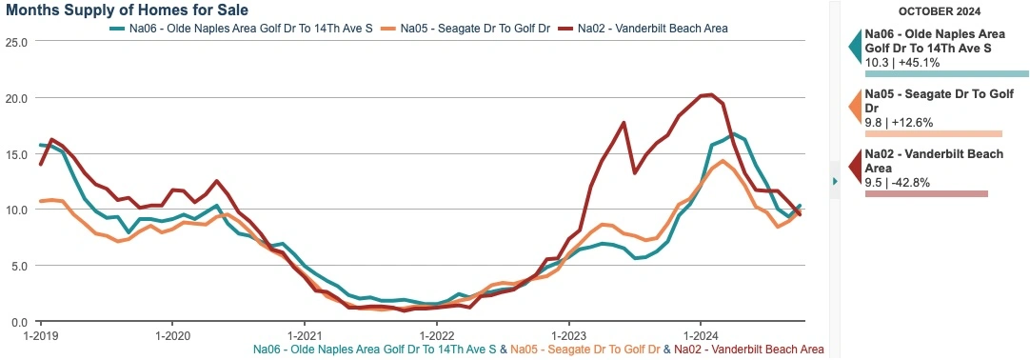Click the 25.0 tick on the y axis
(15, 42)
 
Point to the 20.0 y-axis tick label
(15, 98)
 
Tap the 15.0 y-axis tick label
(15, 154)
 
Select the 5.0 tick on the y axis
(18, 266)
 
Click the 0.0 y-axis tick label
(18, 322)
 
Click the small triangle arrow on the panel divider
(835, 181)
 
